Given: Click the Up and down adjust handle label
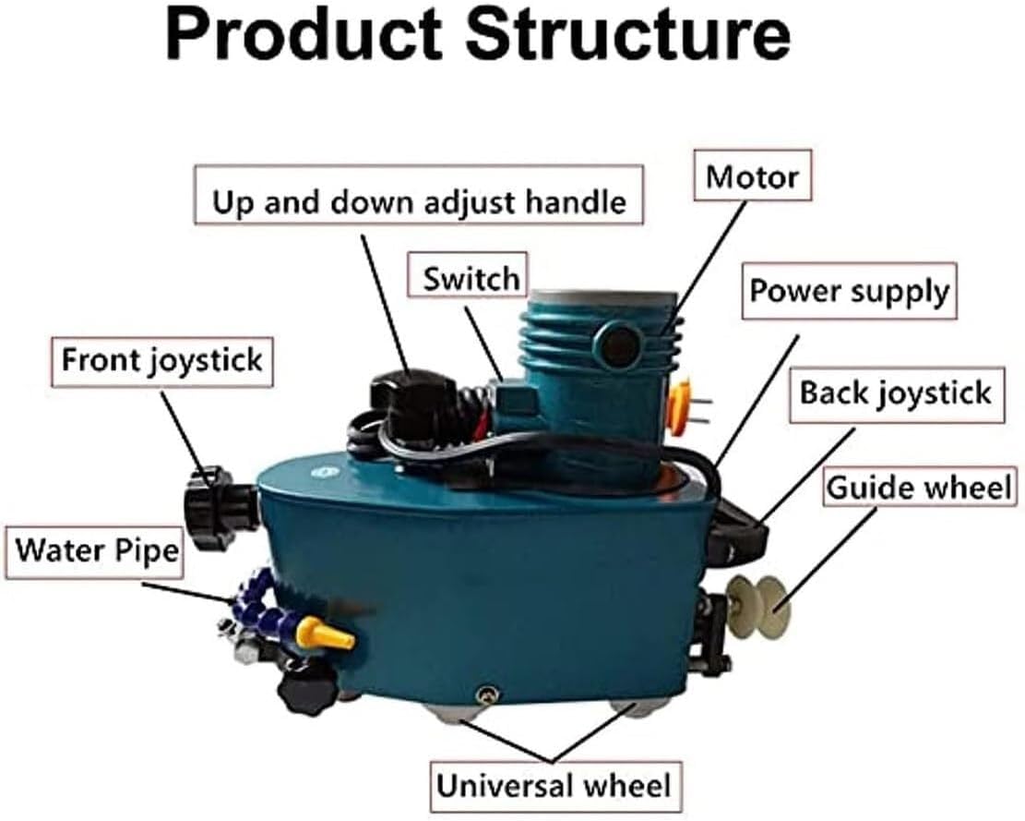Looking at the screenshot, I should [x=419, y=202].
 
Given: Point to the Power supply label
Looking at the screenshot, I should [x=848, y=291].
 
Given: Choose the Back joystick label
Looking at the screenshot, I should [x=894, y=392].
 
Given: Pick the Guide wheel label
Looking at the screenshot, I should [x=918, y=487].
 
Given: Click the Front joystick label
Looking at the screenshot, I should [x=162, y=360].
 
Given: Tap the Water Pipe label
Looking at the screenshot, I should [x=96, y=551].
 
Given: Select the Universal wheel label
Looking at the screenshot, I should [x=554, y=786].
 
